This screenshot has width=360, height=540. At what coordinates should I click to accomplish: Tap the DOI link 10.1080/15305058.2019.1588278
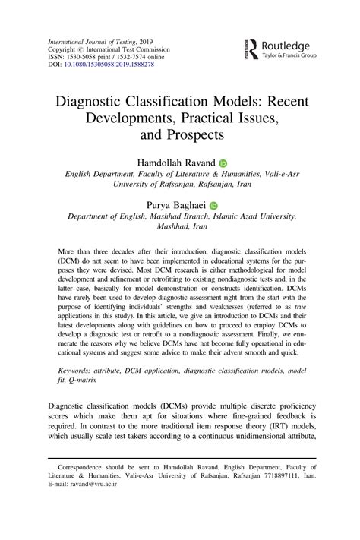(x=108, y=64)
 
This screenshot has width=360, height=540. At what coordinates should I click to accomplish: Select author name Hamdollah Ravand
(x=175, y=163)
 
